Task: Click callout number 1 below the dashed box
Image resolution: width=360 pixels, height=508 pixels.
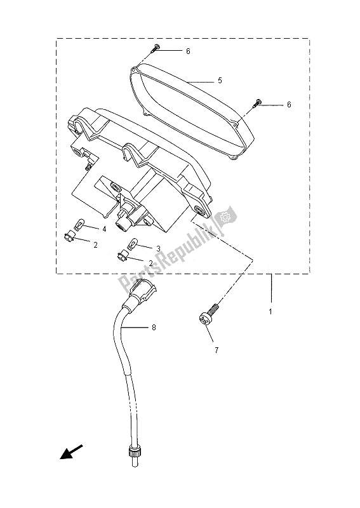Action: pos(270,312)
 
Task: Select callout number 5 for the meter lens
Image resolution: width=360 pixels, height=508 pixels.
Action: pos(220,81)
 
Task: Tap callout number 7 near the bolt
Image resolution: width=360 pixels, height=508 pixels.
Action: pos(217,350)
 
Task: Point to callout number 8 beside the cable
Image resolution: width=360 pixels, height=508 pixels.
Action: pos(154,328)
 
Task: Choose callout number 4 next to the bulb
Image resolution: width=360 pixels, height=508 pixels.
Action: pos(104,229)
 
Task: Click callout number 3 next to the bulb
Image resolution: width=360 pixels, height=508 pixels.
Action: pos(159,248)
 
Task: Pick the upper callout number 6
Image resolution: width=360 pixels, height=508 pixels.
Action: pos(189,51)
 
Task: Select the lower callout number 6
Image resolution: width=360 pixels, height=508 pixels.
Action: pos(289,104)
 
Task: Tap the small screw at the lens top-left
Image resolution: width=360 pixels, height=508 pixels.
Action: pos(154,48)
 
